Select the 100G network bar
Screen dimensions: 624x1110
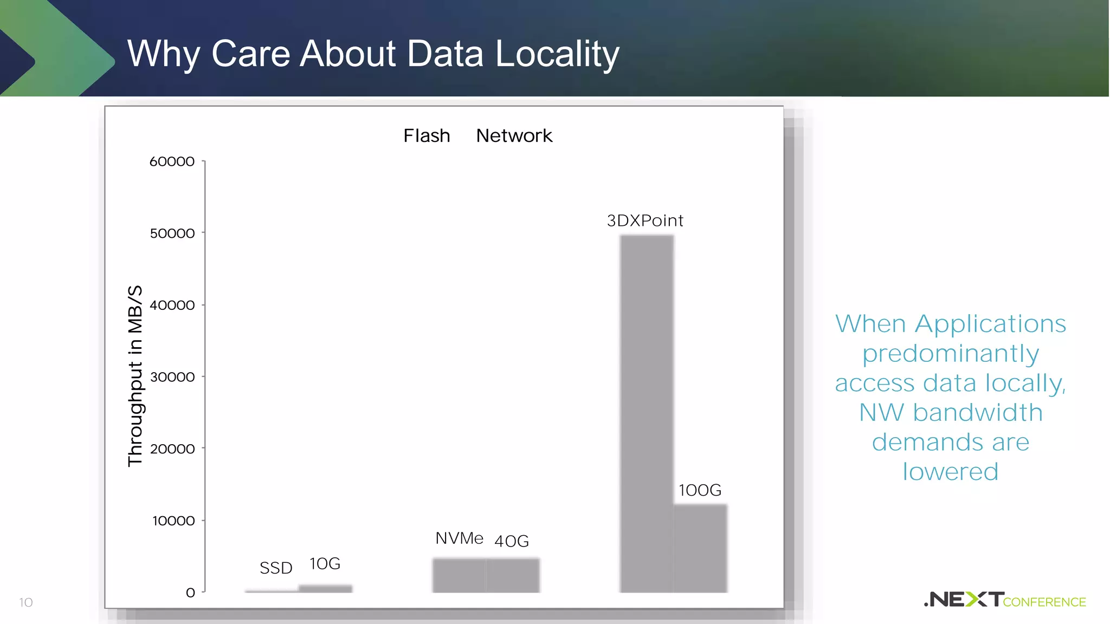700,548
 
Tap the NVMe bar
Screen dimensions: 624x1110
459,575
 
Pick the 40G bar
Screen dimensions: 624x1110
513,575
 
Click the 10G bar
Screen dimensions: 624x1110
325,589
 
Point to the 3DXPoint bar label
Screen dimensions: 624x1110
645,221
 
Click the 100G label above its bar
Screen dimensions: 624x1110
700,490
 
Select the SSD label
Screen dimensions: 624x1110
276,568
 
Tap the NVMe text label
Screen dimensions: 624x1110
459,538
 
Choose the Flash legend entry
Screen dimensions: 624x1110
427,135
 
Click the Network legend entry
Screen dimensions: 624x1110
514,135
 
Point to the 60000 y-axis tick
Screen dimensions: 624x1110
172,161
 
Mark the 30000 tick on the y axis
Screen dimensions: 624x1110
172,377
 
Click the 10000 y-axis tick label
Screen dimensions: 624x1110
173,521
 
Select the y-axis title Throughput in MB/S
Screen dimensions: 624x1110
135,375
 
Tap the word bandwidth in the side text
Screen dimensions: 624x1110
978,413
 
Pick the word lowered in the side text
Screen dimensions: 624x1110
950,472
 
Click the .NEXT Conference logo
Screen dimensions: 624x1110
1004,600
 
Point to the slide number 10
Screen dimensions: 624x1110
26,602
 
